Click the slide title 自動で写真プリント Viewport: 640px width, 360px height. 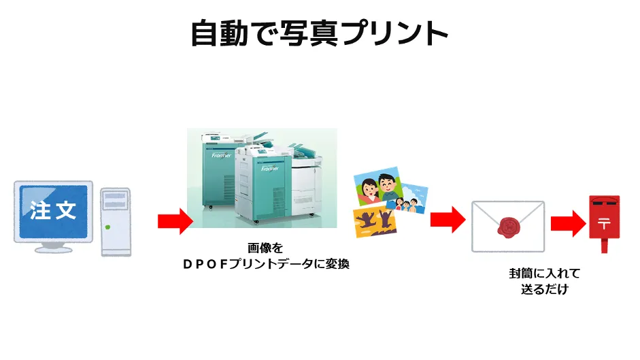tap(320, 33)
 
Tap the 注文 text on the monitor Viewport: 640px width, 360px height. tap(53, 210)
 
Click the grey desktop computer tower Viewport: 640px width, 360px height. tap(116, 220)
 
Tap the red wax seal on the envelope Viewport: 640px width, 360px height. tap(508, 227)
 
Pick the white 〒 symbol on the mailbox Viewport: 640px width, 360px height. tap(604, 223)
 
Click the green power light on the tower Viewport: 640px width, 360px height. tap(108, 227)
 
